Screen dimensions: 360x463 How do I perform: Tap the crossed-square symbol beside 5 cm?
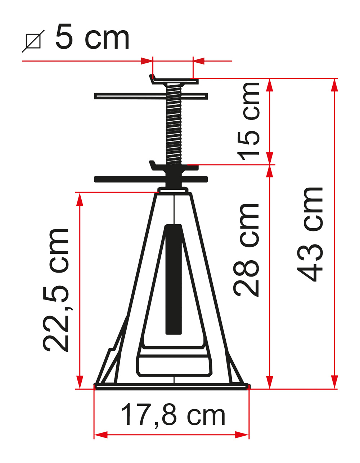click(33, 41)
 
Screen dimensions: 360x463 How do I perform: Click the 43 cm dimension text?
click(310, 234)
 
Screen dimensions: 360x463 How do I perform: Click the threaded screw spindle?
click(174, 123)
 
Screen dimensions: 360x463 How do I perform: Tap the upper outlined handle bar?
click(151, 96)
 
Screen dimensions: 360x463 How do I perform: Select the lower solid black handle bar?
click(151, 179)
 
